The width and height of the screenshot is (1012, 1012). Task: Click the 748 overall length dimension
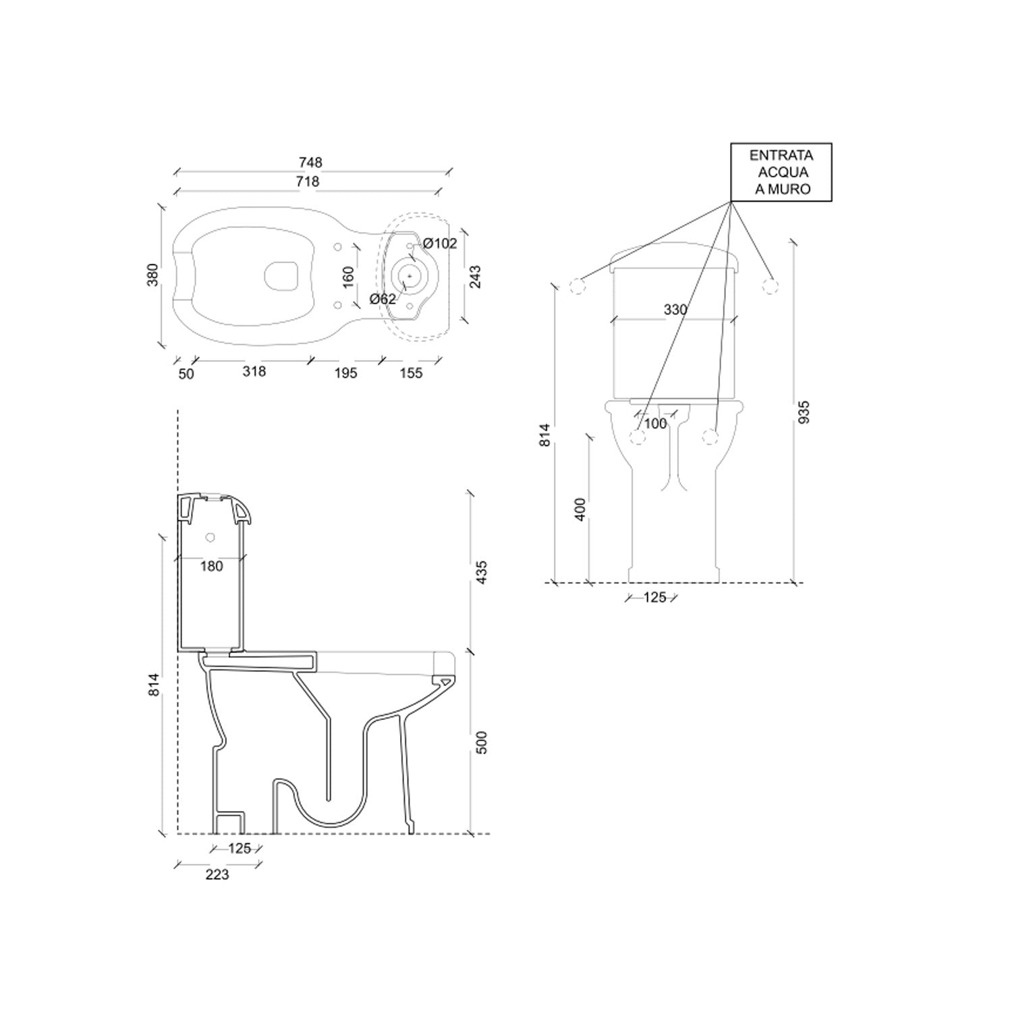pos(310,163)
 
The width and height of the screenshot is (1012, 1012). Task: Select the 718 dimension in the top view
pos(308,181)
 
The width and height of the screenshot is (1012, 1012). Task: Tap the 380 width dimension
pos(153,275)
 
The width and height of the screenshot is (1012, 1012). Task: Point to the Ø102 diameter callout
pos(440,244)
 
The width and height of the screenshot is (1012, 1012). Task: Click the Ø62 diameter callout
pos(383,299)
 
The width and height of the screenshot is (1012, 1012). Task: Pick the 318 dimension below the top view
pos(254,371)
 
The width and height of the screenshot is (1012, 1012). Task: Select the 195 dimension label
pos(345,373)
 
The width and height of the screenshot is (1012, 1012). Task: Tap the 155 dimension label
pos(411,373)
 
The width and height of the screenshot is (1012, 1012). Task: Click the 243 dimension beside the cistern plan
pos(475,277)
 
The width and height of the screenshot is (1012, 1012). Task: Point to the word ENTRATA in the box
pos(781,155)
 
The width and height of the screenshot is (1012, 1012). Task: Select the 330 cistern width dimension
pos(675,310)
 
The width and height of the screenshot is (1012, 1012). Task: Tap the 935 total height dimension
pos(804,412)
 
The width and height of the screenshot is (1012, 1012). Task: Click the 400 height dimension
pos(580,509)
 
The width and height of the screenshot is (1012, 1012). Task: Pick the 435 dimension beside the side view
pos(482,572)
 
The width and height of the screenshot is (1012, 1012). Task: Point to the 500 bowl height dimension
pos(482,742)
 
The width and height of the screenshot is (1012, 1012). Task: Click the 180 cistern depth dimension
pos(211,567)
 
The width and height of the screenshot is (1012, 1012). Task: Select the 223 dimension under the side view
pos(217,875)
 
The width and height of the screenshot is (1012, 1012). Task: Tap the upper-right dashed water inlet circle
pos(770,286)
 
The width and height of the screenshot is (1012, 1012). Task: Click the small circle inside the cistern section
pos(210,538)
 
